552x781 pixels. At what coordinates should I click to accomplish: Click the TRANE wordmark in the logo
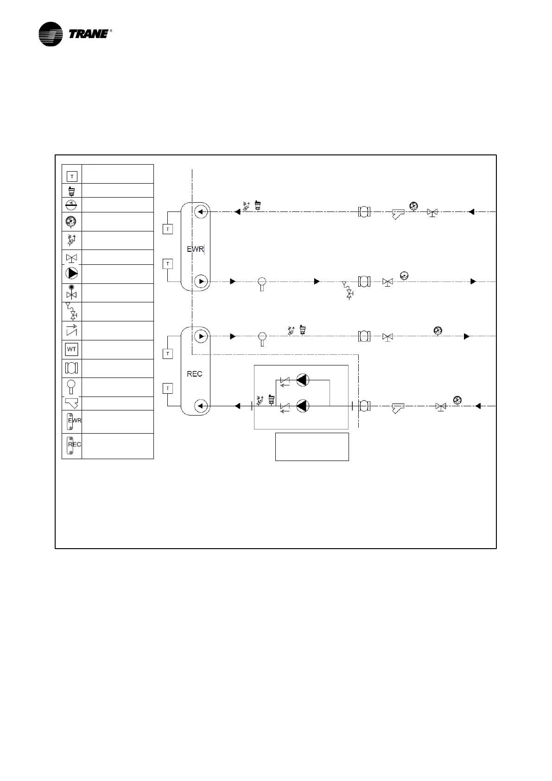point(89,34)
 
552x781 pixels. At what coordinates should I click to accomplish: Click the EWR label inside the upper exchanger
point(195,249)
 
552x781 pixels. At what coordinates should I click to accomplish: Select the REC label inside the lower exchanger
point(195,374)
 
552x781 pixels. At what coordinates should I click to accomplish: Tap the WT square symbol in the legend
point(72,349)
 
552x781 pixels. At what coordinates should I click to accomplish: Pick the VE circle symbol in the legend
point(72,205)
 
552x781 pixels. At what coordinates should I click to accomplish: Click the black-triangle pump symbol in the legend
point(72,274)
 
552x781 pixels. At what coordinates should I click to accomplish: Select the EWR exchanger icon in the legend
point(72,421)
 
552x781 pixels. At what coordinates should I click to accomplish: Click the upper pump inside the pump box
point(303,380)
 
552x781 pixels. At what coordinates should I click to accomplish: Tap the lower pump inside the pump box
point(303,406)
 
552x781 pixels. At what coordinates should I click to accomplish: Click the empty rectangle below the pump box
point(312,447)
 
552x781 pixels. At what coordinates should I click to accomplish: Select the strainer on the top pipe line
point(398,213)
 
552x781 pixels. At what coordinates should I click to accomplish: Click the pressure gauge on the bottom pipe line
point(457,400)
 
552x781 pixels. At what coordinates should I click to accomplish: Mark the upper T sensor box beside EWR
point(168,229)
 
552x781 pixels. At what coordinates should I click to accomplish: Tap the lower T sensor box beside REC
point(168,388)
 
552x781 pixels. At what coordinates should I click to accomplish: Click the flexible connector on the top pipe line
point(365,212)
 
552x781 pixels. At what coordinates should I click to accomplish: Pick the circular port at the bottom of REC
point(201,406)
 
